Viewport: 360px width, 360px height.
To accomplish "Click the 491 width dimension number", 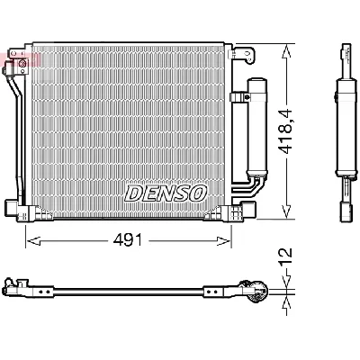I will (x=129, y=240).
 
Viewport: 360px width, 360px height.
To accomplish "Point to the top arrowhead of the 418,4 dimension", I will (x=286, y=45).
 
